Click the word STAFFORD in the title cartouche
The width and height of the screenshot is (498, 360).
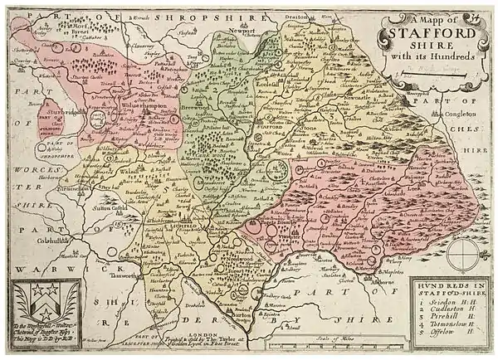click(x=427, y=34)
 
